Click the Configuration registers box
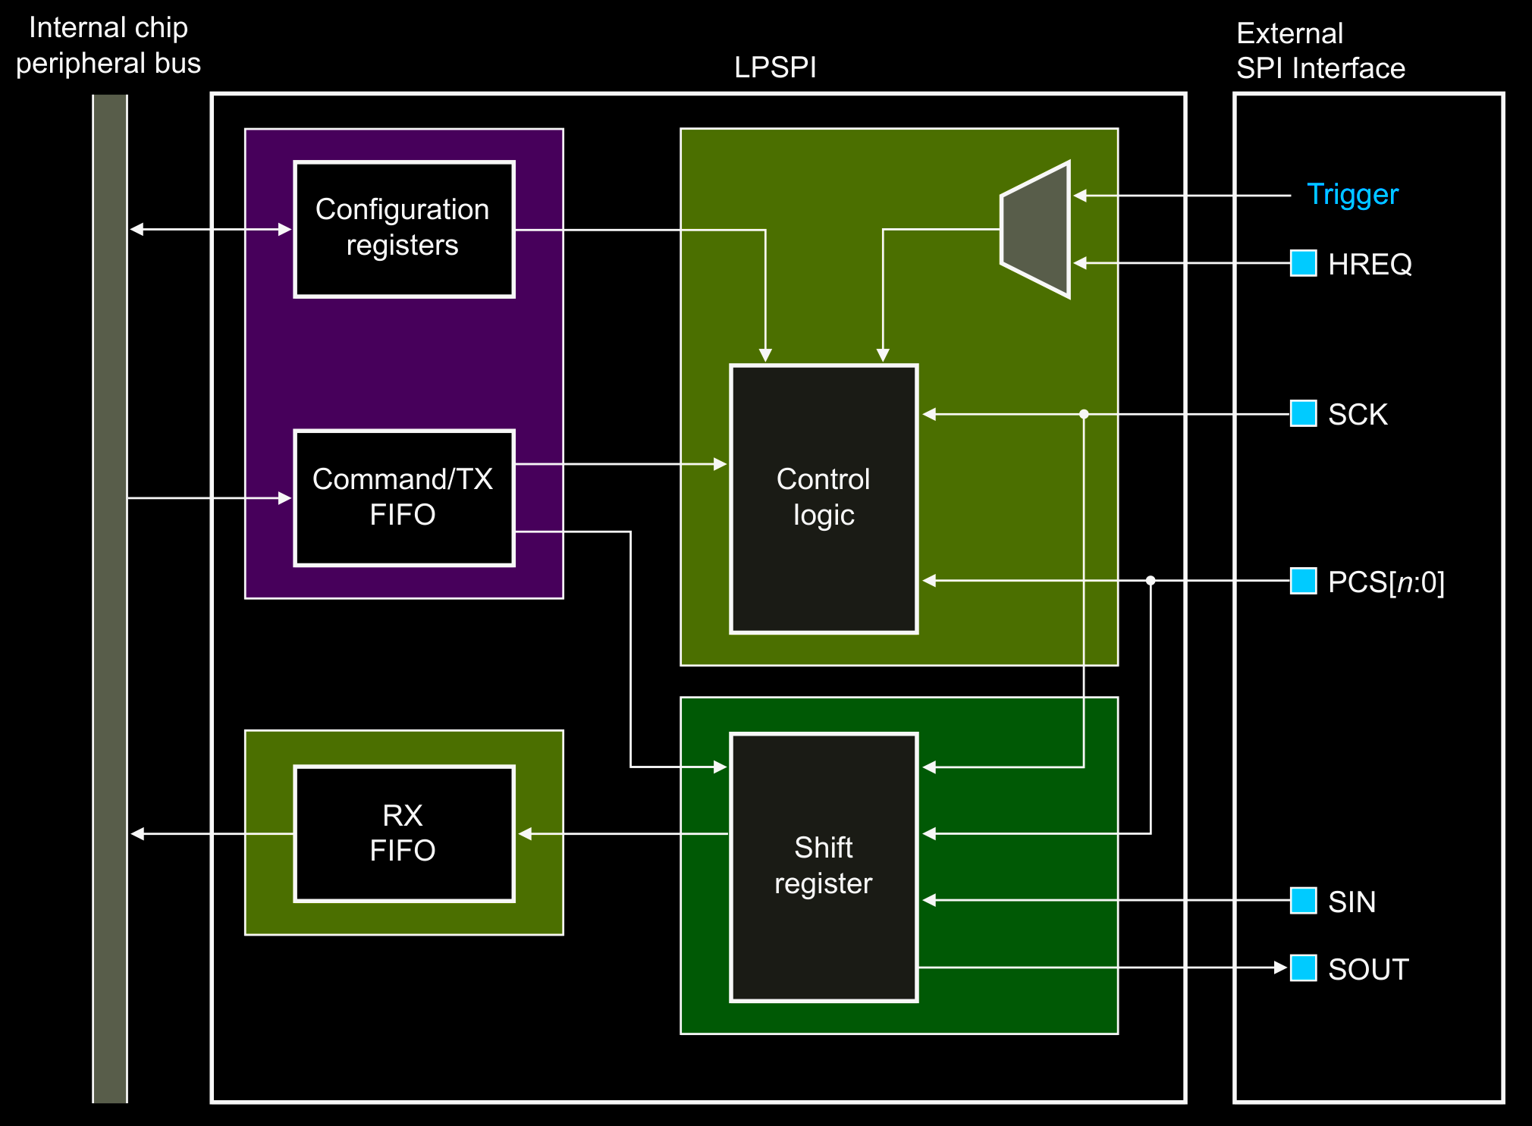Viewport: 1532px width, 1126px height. (403, 228)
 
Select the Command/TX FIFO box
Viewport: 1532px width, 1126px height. (403, 497)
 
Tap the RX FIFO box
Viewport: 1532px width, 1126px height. (403, 833)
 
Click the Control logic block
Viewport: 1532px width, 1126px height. (824, 498)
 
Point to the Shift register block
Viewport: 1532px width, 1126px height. (824, 867)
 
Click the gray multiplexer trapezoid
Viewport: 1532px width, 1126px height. (1036, 229)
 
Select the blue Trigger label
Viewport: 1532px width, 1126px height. (1352, 195)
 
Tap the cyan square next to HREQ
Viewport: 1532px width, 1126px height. (1303, 263)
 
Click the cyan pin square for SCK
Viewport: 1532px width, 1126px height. (1303, 414)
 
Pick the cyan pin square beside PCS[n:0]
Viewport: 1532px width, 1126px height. (1303, 581)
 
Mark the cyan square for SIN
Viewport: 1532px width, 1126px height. (1303, 901)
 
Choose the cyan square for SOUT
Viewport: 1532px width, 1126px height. (1303, 968)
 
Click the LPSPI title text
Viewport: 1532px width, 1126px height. (775, 67)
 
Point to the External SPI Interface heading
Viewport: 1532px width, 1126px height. (1320, 51)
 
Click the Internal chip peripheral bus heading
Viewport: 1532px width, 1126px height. (108, 45)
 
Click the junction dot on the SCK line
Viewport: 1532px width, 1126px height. (1084, 414)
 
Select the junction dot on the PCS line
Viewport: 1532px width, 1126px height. (1151, 581)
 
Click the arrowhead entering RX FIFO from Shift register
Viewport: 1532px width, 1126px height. (525, 834)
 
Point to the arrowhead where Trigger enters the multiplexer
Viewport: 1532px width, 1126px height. (1080, 196)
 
